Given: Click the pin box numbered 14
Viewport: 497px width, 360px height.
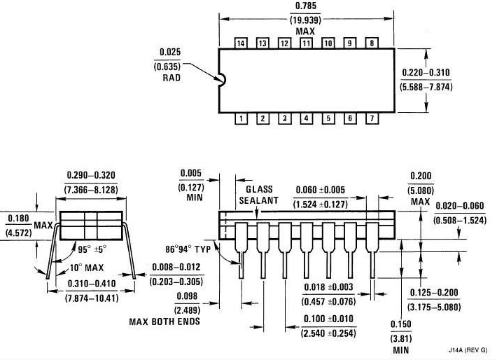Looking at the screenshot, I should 241,43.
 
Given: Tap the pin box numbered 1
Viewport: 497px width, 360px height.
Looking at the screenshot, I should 241,118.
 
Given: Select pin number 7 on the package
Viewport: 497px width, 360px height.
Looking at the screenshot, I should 371,118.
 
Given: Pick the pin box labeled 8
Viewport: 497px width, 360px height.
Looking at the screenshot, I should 371,43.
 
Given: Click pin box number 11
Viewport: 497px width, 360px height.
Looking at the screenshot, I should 306,43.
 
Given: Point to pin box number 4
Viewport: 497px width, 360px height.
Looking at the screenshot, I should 306,118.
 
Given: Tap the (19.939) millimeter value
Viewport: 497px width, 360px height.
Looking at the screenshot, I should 304,20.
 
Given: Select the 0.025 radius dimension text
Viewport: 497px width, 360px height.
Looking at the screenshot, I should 170,53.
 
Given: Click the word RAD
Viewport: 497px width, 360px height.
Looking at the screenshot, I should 171,78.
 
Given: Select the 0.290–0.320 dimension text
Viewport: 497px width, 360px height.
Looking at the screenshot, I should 92,175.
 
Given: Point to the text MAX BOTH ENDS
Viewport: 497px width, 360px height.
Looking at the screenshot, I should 164,321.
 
